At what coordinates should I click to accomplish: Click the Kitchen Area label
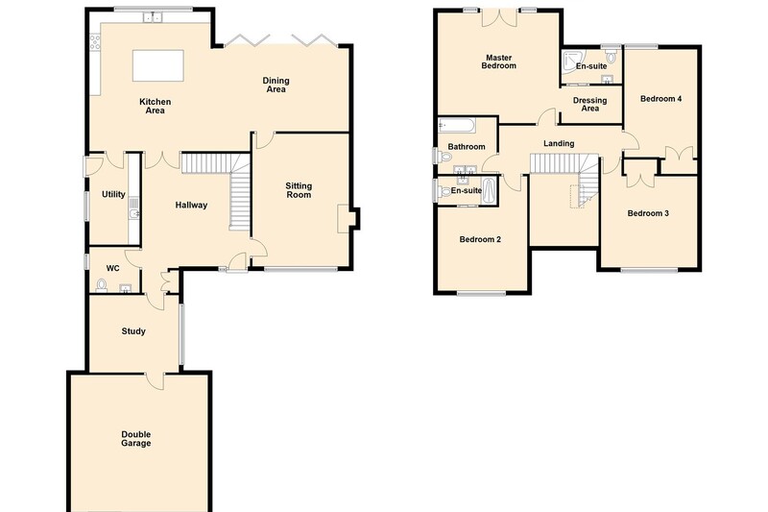point(156,106)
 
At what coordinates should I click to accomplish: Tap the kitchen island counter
point(158,65)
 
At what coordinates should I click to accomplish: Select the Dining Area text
point(276,85)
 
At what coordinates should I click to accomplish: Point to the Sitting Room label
point(299,190)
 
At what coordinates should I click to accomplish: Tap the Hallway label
point(191,205)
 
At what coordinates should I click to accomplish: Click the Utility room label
point(113,194)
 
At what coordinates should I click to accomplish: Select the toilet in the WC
point(102,285)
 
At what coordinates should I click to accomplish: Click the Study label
point(133,331)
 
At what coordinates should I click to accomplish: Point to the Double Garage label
point(136,438)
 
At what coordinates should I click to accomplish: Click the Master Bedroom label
point(498,61)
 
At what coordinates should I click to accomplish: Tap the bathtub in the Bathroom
point(457,126)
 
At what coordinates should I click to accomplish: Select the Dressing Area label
point(589,105)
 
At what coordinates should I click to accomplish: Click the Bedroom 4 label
point(660,99)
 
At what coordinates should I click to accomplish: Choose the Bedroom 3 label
point(648,213)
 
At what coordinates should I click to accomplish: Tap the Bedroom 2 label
point(480,239)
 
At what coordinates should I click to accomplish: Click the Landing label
point(559,143)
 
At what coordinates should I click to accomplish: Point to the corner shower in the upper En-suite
point(569,60)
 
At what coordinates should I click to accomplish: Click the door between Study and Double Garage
point(155,379)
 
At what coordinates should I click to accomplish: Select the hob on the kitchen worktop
point(95,41)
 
